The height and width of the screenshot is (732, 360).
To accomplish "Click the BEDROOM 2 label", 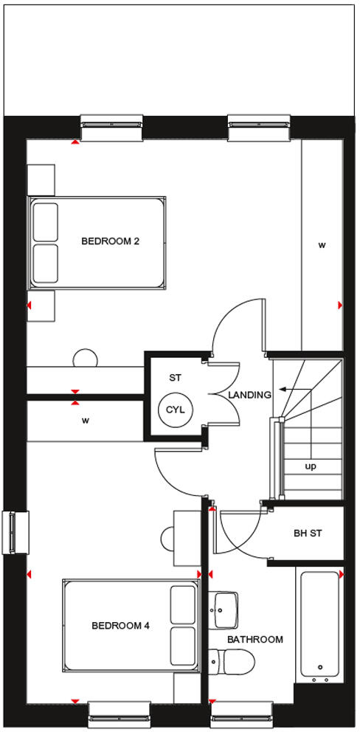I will tap(110, 241).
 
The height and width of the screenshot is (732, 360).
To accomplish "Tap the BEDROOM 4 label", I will tap(120, 626).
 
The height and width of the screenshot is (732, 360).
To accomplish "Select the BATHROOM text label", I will tap(255, 640).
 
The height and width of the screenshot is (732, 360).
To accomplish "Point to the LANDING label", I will tap(249, 395).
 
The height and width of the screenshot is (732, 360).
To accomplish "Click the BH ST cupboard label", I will tap(307, 533).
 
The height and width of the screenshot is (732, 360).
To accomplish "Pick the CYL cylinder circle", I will tap(174, 410).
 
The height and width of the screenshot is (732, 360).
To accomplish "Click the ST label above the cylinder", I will tap(175, 378).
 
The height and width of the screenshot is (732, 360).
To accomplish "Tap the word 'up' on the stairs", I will tap(311, 466).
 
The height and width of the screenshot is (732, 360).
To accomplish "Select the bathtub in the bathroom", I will tap(319, 623).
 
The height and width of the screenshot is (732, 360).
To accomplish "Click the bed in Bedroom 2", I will tap(97, 242).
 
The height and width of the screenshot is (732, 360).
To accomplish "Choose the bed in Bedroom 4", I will tap(131, 626).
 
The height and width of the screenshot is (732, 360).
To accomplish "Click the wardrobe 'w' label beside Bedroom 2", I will tap(322, 245).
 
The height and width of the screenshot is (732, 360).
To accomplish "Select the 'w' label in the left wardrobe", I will tap(86, 421).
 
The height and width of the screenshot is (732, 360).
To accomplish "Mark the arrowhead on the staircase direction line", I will tap(282, 389).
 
